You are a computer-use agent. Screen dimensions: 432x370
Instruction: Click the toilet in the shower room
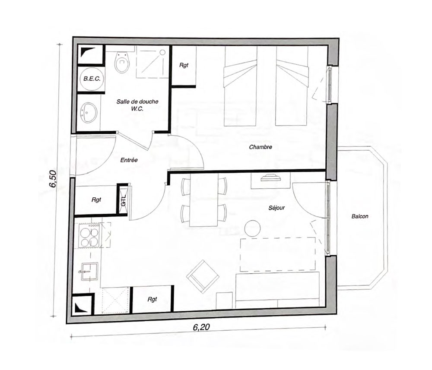122,62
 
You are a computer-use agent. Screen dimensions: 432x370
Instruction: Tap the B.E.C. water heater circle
92,79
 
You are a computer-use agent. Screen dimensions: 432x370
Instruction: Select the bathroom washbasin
89,113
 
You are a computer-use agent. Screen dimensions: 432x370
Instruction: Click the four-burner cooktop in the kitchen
89,235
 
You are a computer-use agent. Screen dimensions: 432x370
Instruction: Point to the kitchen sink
89,272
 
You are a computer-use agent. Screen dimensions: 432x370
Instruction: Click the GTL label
124,200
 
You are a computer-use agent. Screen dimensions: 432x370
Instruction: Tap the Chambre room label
260,147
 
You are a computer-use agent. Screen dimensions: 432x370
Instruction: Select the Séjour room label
276,208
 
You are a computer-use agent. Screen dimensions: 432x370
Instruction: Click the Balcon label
360,216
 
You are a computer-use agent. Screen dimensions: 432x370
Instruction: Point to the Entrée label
129,160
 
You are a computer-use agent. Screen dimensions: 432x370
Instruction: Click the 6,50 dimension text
53,178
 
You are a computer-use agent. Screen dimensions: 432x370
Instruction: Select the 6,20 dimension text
201,327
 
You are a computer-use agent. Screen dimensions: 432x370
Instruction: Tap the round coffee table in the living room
252,228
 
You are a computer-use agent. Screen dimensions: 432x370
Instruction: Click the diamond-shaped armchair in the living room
203,276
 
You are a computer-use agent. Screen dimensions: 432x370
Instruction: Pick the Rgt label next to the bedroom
184,65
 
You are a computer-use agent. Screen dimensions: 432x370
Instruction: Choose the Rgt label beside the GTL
96,200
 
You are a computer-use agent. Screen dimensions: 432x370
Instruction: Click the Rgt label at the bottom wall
152,299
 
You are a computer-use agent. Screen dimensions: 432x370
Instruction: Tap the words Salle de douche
137,101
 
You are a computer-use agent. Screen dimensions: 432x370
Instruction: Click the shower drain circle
162,52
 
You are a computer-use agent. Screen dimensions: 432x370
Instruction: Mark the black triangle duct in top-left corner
86,51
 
